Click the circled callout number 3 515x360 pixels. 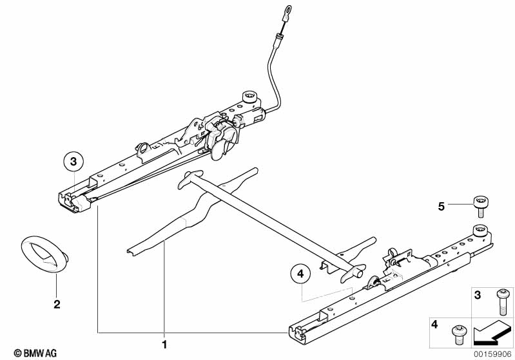pyautogui.click(x=73, y=161)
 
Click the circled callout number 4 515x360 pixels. pyautogui.click(x=300, y=274)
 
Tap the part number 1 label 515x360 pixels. pyautogui.click(x=164, y=345)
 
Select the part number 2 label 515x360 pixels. pyautogui.click(x=57, y=304)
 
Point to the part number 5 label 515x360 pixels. pyautogui.click(x=441, y=206)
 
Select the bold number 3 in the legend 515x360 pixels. pyautogui.click(x=478, y=295)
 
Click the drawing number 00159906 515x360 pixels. pyautogui.click(x=492, y=353)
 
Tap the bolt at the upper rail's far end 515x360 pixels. pyautogui.click(x=248, y=98)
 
